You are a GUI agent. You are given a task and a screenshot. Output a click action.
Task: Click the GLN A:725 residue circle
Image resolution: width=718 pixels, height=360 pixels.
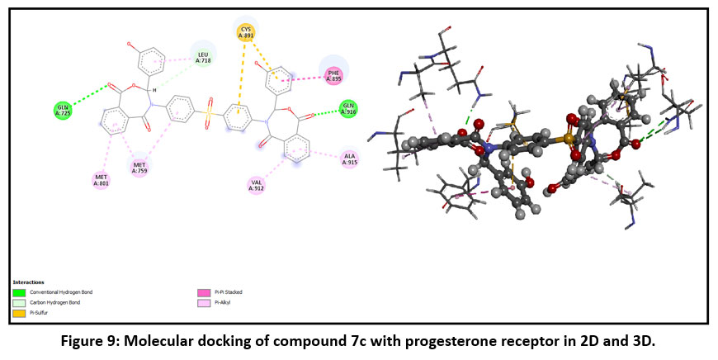[63, 109]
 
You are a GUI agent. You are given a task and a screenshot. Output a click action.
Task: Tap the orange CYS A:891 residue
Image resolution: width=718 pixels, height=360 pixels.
[246, 32]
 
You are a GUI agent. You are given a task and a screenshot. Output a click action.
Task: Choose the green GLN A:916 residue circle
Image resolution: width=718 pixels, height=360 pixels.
[349, 108]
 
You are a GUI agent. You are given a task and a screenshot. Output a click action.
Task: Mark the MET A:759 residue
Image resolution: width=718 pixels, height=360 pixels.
[140, 168]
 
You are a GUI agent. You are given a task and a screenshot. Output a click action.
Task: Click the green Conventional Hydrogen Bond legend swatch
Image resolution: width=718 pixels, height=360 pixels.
[19, 292]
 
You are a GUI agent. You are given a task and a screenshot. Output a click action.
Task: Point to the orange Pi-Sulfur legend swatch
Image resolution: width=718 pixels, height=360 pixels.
[19, 312]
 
